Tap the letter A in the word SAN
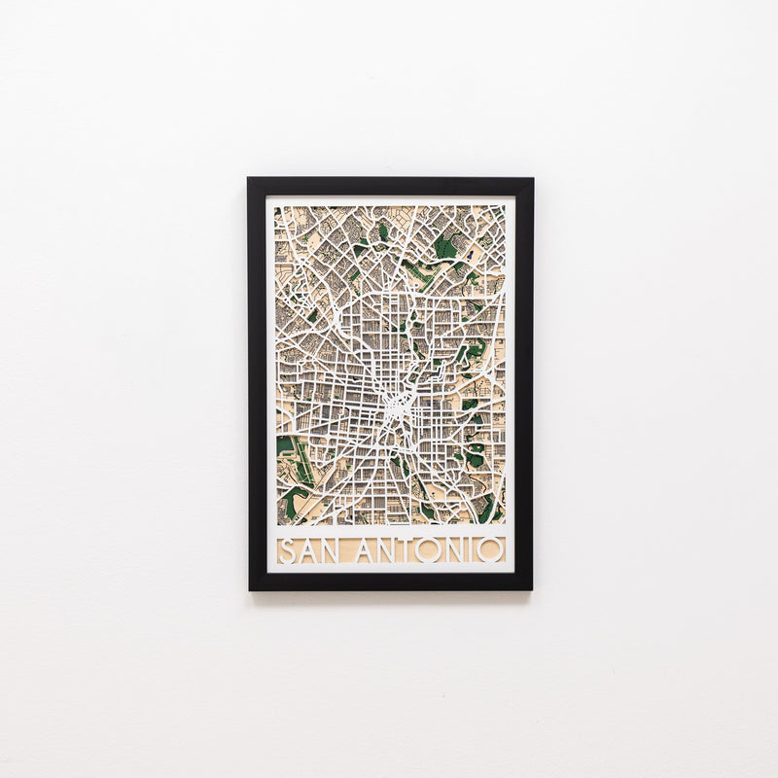pos(305,550)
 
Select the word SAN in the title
pos(308,550)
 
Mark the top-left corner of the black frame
pos(249,179)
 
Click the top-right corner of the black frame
pos(531,179)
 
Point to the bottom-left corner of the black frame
pos(250,588)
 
